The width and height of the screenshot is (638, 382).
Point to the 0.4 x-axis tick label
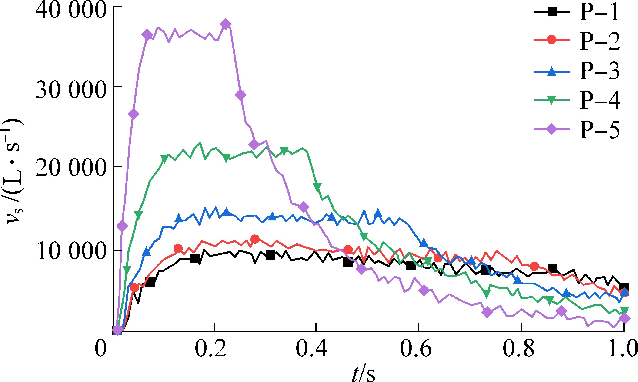(311, 349)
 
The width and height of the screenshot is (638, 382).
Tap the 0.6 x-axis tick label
(416, 349)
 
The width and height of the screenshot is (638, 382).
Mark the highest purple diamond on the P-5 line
(226, 24)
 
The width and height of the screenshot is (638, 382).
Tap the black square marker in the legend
(551, 12)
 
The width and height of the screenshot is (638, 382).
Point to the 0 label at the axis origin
(100, 349)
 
